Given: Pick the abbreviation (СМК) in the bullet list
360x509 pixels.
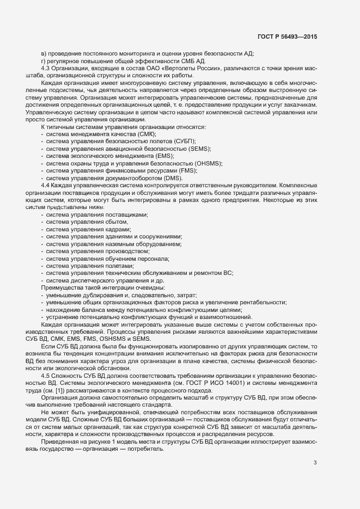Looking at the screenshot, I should click(x=148, y=134).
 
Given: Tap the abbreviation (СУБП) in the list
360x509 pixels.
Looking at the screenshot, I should click(x=177, y=141).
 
